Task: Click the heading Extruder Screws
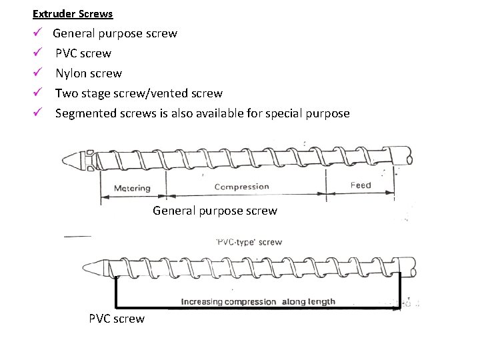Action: point(73,13)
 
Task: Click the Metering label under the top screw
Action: point(132,189)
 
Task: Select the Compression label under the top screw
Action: point(241,187)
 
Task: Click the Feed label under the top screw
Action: point(360,185)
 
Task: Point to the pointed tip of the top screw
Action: point(68,159)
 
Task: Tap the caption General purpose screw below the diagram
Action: point(215,211)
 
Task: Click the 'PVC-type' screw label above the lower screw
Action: point(249,242)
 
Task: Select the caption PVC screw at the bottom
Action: point(116,319)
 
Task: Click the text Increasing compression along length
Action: point(258,302)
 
